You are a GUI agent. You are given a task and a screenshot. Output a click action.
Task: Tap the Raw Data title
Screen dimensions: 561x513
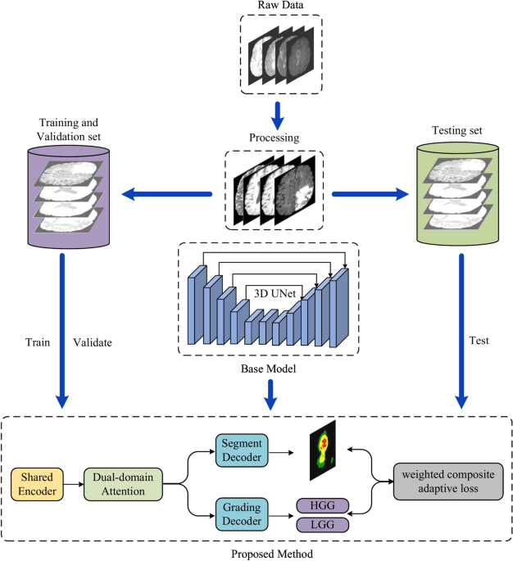(275, 7)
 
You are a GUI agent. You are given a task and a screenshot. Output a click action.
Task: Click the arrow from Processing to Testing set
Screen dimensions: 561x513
(370, 194)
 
